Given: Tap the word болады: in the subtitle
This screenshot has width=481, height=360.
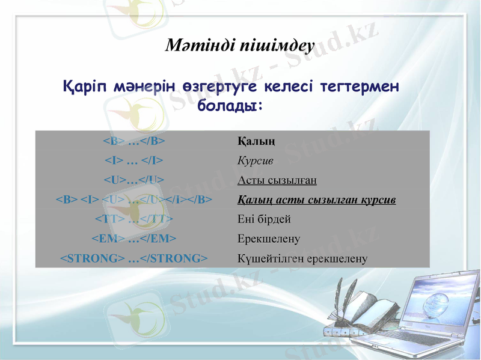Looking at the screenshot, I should coord(230,106).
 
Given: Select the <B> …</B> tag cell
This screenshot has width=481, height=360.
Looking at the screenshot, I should coord(133,141).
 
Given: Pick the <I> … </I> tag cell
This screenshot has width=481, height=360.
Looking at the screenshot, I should coord(133,160).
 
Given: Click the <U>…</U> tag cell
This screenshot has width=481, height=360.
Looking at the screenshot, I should coord(133,180).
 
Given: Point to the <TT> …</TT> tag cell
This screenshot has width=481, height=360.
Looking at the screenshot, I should coord(133,219).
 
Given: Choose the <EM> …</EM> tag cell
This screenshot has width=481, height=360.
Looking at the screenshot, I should coord(133,239).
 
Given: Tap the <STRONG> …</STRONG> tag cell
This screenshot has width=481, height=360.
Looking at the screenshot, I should coord(133,258).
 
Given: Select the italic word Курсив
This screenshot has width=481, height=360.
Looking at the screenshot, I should coord(255,161).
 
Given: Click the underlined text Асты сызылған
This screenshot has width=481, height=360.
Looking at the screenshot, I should coord(277,180).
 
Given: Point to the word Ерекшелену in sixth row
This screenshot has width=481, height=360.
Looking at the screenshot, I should coord(268,239).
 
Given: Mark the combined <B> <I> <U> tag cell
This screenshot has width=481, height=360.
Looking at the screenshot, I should coord(133,200).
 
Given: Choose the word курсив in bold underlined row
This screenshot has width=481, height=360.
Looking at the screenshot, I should coord(379,200).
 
